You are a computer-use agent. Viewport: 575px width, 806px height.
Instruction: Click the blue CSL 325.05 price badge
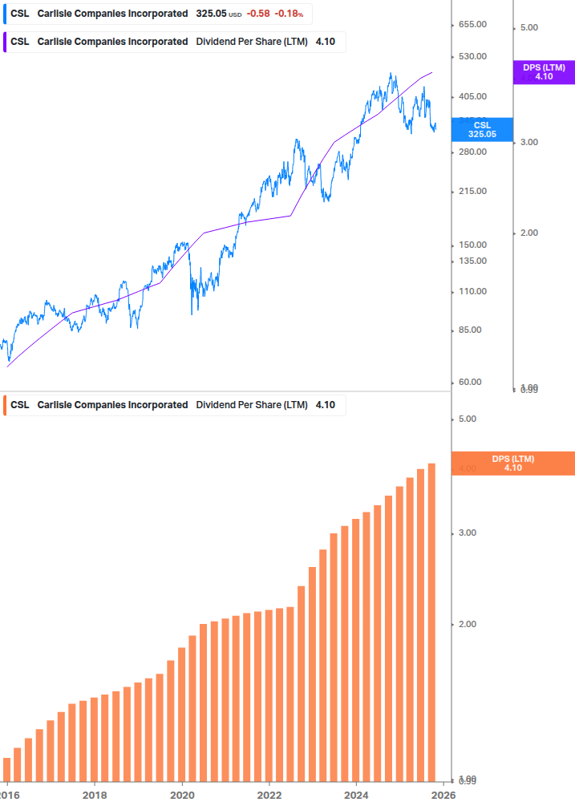tap(481, 130)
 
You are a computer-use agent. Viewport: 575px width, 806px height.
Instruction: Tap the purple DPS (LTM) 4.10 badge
tap(544, 72)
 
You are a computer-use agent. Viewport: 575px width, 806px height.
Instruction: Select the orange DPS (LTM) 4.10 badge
tap(513, 463)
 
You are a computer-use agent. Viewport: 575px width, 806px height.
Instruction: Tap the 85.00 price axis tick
tap(472, 330)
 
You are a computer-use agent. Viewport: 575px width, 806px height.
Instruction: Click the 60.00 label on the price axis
tap(472, 382)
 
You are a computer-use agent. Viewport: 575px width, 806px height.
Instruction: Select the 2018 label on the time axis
tap(95, 794)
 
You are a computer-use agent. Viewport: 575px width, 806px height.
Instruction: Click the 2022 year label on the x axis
tap(269, 794)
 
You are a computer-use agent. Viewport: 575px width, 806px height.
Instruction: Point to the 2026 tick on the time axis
tap(443, 794)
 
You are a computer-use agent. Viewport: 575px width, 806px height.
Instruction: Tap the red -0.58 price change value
tap(258, 14)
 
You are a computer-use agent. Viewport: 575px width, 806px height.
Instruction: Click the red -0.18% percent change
tap(290, 14)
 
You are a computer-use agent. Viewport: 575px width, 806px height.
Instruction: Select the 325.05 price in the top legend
tap(212, 14)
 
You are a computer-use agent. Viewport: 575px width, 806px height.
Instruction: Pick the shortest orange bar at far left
tap(6, 769)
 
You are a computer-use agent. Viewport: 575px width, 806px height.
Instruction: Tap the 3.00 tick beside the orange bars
tap(467, 533)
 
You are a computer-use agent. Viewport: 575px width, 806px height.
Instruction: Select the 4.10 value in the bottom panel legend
tap(326, 405)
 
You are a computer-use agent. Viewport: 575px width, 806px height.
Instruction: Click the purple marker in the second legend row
tap(5, 42)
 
